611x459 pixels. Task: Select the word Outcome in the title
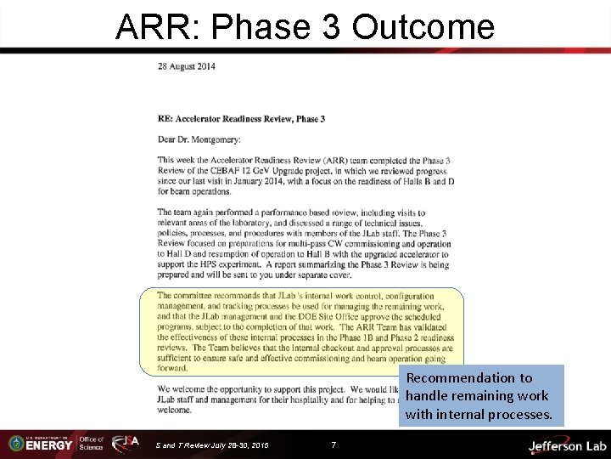[422, 27]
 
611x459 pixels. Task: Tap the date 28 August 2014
[186, 66]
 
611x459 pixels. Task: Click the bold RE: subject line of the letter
[241, 119]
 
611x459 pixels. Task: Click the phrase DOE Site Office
[302, 316]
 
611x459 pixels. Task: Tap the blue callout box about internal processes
[480, 396]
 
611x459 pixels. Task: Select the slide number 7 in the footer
[333, 444]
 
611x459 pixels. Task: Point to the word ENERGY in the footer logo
[48, 445]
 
